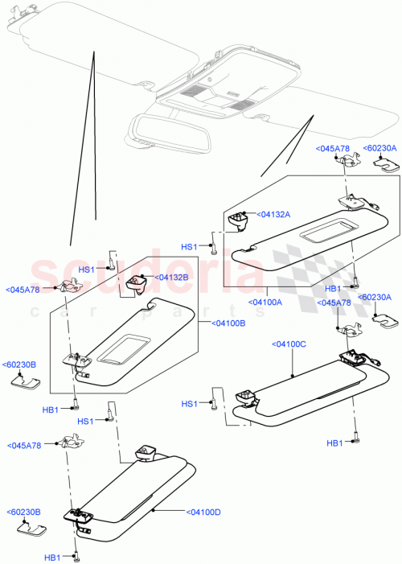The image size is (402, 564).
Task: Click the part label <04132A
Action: point(273,214)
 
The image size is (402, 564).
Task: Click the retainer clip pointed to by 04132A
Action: point(239,218)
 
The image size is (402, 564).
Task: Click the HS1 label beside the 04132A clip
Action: point(189,247)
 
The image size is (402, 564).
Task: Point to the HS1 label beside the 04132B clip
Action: point(87,270)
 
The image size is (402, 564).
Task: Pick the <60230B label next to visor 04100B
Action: point(21,364)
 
